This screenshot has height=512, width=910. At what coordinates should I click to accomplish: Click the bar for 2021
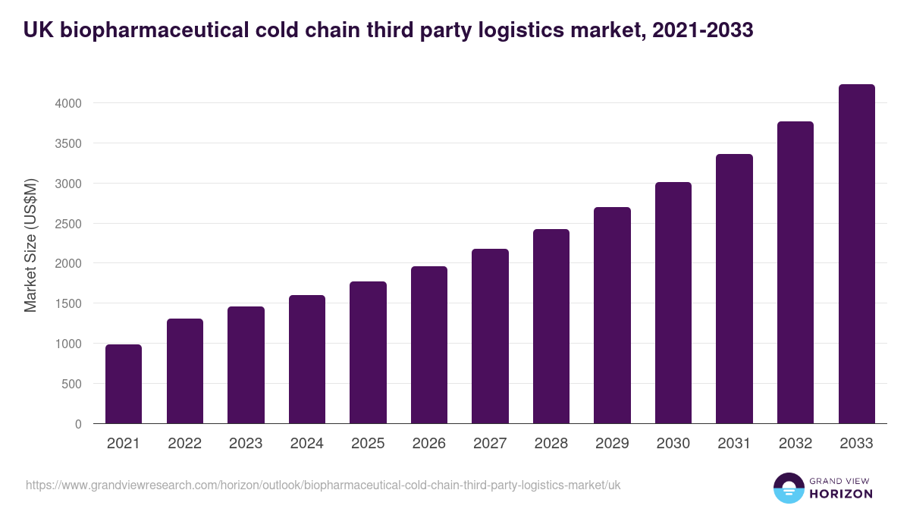[124, 385]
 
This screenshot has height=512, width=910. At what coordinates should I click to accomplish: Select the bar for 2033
[856, 254]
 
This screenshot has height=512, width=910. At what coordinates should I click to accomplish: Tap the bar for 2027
[490, 336]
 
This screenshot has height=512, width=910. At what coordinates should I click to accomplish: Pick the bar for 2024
[307, 360]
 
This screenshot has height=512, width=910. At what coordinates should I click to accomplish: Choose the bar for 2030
[673, 303]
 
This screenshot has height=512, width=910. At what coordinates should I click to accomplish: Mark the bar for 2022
[185, 371]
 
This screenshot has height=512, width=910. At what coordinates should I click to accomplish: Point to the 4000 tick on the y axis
[68, 103]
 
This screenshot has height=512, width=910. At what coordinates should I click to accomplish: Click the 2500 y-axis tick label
[68, 224]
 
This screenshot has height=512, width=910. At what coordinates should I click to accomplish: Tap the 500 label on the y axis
[72, 384]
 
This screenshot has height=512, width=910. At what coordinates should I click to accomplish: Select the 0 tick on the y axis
[78, 424]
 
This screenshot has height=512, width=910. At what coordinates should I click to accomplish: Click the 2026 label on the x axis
[429, 444]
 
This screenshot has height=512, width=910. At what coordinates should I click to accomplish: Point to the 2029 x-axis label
[612, 444]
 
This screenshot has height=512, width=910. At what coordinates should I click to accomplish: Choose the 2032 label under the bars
[795, 444]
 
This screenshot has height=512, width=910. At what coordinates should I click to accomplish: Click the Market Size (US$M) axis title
[30, 245]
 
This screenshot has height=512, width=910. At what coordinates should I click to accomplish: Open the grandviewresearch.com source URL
[323, 485]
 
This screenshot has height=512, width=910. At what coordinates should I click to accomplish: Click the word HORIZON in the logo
[839, 494]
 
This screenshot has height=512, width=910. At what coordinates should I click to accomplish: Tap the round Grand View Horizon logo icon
[789, 488]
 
